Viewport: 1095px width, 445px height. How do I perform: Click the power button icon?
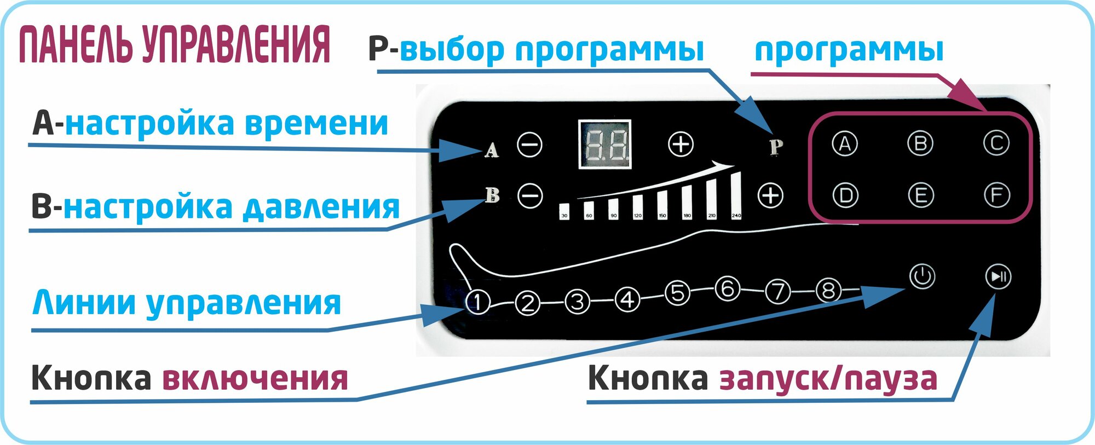coord(922,276)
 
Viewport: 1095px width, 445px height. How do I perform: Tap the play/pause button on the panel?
coord(998,276)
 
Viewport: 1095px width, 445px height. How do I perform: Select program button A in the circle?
coord(845,144)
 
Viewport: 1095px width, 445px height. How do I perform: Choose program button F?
coord(996,195)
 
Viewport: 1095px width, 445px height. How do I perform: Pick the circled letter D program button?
coord(845,195)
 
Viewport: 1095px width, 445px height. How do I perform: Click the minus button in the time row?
coord(529,145)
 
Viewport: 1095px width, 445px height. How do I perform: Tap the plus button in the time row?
coord(681,145)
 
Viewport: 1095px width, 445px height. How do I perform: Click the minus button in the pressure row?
coord(530,195)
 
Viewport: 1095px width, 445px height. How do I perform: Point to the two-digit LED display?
coord(605,144)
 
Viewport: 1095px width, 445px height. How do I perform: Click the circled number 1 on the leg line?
coord(477,302)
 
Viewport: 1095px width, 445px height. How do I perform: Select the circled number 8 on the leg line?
coord(828,291)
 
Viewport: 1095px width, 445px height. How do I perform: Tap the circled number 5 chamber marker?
coord(677,293)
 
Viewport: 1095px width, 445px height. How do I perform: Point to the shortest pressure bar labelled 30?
coord(564,211)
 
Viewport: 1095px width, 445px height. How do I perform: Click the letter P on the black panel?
coord(776,147)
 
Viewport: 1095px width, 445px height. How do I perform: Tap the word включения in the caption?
coord(255,378)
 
